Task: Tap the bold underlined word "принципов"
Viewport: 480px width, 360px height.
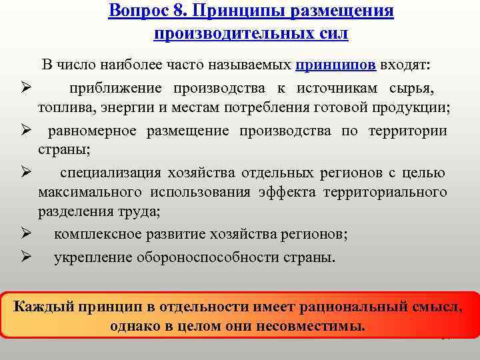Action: [336, 65]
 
